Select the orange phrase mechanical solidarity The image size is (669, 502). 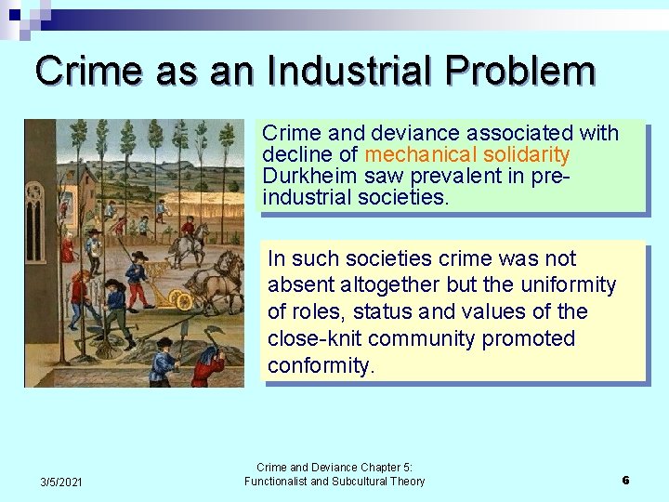[467, 154]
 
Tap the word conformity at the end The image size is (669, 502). [321, 365]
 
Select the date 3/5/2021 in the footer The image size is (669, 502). [61, 481]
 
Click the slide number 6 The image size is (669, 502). [625, 480]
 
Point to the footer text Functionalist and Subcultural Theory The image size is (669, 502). [334, 481]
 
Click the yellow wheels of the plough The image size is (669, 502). [180, 299]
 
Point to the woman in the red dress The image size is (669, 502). [67, 246]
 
